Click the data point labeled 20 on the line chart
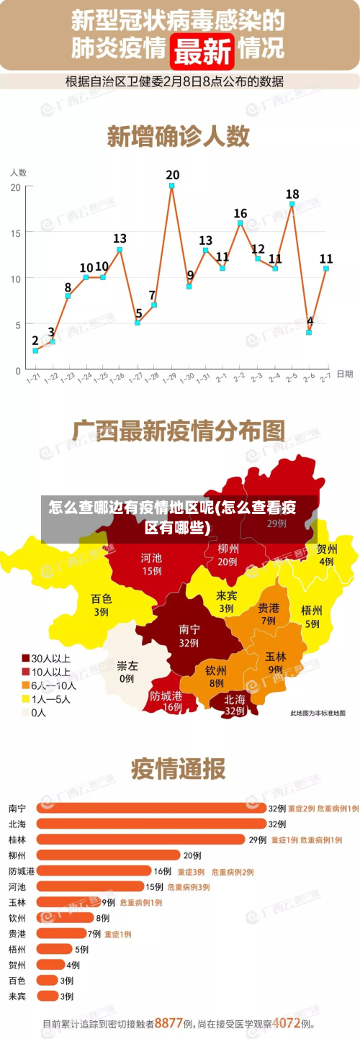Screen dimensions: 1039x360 172,186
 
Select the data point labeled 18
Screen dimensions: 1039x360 292,204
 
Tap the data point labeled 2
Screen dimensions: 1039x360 35,351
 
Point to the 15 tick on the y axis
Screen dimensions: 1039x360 16,232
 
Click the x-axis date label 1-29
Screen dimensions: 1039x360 169,377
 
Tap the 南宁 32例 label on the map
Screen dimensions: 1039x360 189,635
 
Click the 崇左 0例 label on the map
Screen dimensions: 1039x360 127,671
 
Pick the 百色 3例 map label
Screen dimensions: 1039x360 101,605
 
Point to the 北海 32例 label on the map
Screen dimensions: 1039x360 235,703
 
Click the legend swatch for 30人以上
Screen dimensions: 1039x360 26,657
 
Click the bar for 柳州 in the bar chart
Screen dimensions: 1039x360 108,855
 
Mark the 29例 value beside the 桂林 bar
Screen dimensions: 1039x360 257,839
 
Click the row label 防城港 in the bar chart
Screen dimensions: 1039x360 20,871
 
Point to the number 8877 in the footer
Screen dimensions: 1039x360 168,1022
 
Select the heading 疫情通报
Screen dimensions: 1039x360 178,769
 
